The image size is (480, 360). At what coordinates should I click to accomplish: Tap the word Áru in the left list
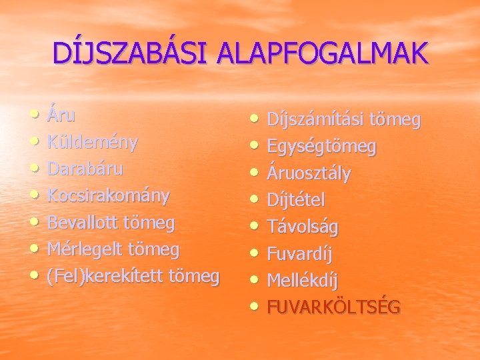pos(61,115)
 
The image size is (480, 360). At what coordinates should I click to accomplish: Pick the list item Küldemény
pos(92,143)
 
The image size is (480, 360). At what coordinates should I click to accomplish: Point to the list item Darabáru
pos(85,169)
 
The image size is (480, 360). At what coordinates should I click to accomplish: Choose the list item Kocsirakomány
pos(108,196)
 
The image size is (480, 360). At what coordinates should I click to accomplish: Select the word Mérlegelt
pos(83,249)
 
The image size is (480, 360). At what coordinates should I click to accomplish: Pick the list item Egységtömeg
pos(321,147)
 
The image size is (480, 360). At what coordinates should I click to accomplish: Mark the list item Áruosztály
pos(309,173)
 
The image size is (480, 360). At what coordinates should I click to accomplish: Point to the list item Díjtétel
pos(295,200)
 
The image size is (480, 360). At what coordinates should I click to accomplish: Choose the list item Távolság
pos(302,227)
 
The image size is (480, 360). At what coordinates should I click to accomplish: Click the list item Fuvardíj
pos(299,253)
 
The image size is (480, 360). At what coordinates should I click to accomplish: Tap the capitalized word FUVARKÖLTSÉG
pos(333,307)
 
